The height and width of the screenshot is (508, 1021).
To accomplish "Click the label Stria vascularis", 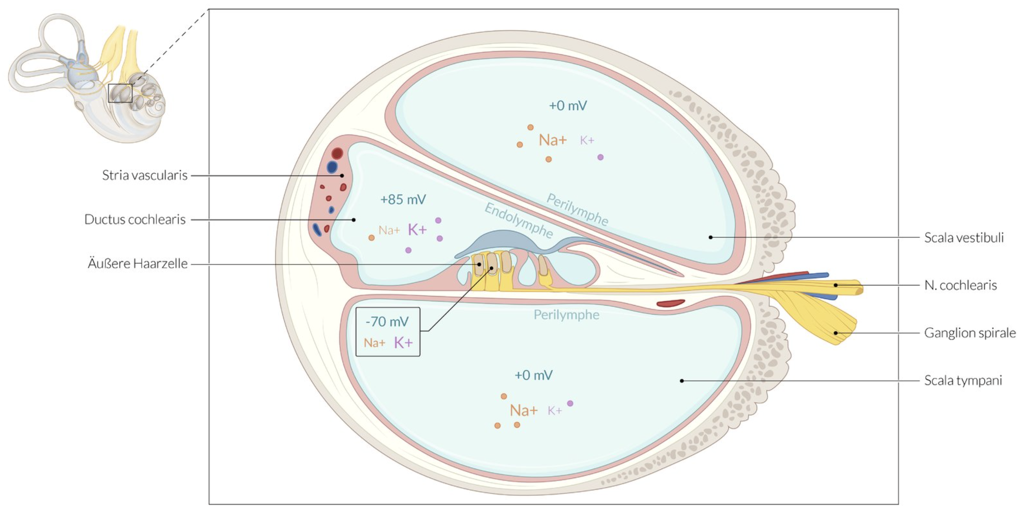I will click(145, 175).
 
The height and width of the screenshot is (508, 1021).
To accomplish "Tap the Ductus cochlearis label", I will click(135, 219).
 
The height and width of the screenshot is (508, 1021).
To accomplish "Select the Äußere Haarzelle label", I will click(138, 263).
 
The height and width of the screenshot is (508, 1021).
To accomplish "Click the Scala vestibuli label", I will click(964, 238).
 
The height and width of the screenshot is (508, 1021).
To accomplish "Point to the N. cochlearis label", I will click(960, 285).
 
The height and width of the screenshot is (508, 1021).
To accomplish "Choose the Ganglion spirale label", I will click(970, 333).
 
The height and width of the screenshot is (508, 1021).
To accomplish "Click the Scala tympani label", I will click(963, 380).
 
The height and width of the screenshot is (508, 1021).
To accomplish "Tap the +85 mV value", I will click(403, 199).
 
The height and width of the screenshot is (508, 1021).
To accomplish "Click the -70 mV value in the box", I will click(387, 321).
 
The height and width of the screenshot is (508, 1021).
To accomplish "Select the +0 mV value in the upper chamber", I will click(568, 106).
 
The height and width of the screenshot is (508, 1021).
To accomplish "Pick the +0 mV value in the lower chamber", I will click(533, 375).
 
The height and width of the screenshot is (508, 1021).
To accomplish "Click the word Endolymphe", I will click(518, 221).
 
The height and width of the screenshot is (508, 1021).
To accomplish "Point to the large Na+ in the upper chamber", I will click(553, 140).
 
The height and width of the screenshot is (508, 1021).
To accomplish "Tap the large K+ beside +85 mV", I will click(417, 230).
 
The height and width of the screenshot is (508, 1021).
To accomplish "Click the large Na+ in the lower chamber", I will click(523, 410).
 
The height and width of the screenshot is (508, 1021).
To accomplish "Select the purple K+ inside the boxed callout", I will click(403, 343).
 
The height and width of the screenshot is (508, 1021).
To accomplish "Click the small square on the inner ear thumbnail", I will click(120, 93).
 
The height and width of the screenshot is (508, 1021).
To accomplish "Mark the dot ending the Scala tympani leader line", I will click(682, 381).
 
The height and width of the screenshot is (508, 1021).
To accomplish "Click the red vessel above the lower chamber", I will click(670, 304).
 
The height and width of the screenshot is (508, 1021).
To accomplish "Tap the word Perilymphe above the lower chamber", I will click(566, 315).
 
